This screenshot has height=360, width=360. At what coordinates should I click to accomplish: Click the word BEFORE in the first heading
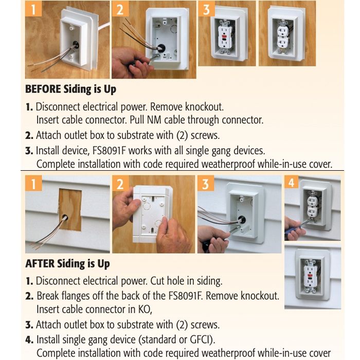tap(43, 89)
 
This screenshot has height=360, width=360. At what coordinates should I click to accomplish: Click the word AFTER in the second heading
tap(40, 264)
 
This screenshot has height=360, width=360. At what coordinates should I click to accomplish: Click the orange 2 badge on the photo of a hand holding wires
tap(120, 9)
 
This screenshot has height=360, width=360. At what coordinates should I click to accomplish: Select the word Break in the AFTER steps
tap(49, 296)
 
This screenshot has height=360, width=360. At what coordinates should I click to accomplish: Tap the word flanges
tap(78, 296)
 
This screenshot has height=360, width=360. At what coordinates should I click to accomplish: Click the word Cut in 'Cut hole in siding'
tap(158, 281)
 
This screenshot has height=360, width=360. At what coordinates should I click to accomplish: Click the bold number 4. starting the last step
tap(30, 340)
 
